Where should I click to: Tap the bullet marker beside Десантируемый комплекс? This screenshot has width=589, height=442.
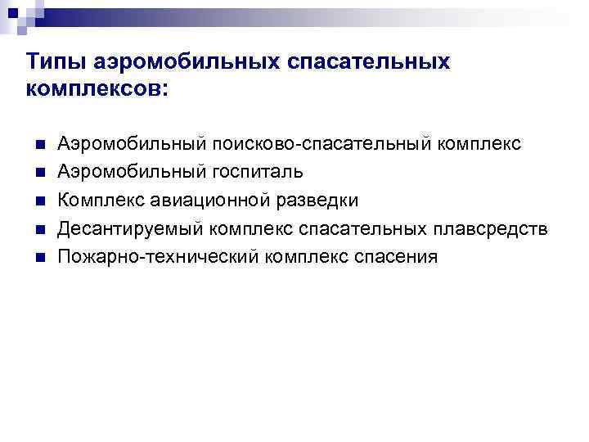point(37,229)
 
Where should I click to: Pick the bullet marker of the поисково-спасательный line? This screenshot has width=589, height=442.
point(37,145)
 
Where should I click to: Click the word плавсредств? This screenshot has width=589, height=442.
point(490,229)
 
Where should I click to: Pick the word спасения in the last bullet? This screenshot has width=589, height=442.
point(398,257)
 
